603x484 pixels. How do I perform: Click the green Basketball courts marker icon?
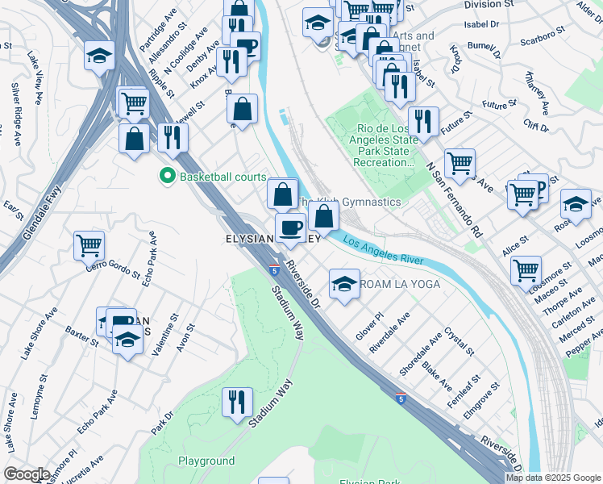click(168, 175)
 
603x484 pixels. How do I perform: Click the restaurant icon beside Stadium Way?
click(237, 403)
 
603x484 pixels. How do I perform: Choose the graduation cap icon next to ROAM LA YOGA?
click(344, 284)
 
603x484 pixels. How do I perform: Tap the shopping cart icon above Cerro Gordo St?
click(89, 245)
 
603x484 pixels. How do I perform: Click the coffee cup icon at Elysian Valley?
click(290, 227)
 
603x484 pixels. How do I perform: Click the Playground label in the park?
click(206, 461)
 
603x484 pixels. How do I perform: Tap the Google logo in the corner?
click(27, 474)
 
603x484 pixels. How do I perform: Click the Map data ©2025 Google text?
click(554, 478)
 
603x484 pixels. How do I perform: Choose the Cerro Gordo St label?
click(112, 269)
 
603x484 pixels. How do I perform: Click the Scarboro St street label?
click(539, 40)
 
